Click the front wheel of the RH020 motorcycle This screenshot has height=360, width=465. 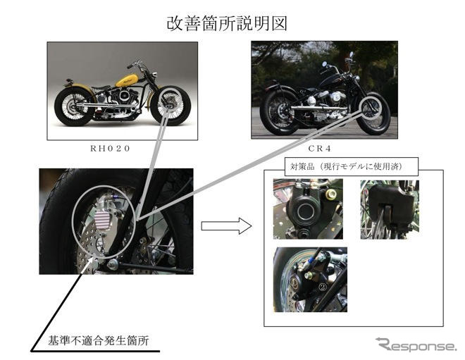pyautogui.click(x=170, y=105)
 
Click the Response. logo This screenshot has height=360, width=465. pyautogui.click(x=415, y=345)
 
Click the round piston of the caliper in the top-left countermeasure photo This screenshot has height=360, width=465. pyautogui.click(x=304, y=210)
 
